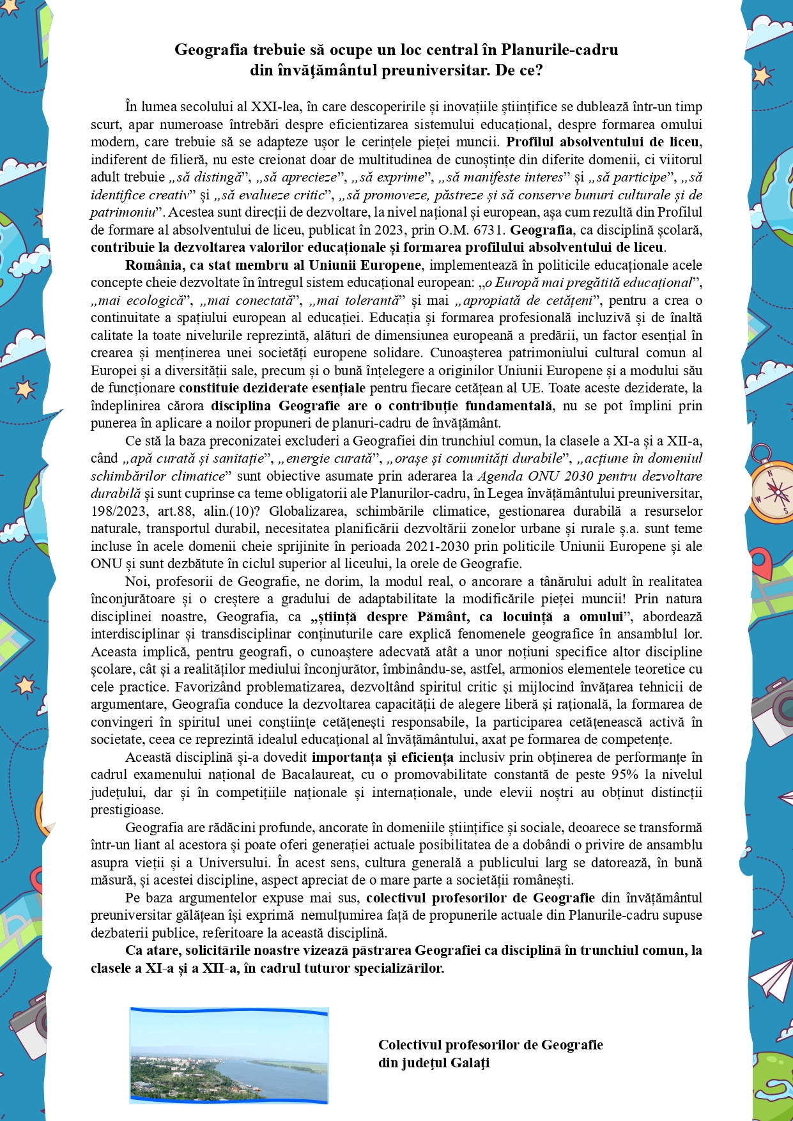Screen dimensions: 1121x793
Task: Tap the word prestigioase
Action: pyautogui.click(x=127, y=810)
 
